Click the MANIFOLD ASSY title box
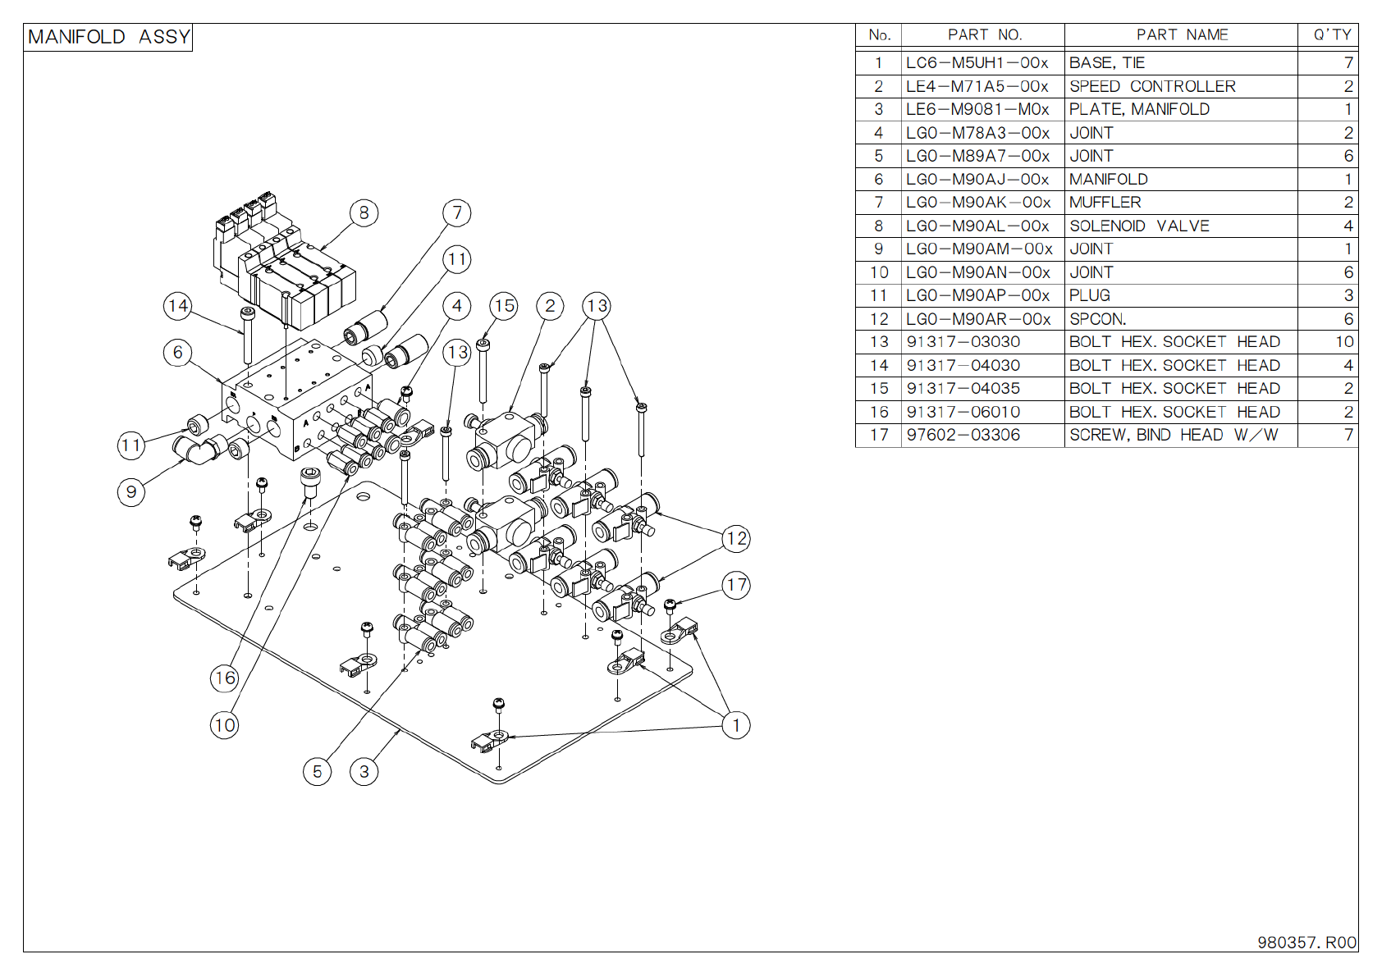[108, 37]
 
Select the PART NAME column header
[1182, 35]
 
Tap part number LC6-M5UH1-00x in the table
[977, 63]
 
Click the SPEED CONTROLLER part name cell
[1152, 86]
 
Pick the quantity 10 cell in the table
[1344, 342]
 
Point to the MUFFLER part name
[1105, 203]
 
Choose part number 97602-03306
[963, 435]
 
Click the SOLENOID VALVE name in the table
[1139, 226]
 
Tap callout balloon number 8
[364, 212]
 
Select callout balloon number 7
[457, 212]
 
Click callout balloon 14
[178, 306]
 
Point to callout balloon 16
[225, 678]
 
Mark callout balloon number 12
[736, 538]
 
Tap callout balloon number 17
[736, 585]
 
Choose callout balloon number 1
[736, 724]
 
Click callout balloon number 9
[131, 492]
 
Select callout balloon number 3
[364, 772]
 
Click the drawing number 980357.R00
[1306, 943]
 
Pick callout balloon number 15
[504, 306]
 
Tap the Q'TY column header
[1332, 35]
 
